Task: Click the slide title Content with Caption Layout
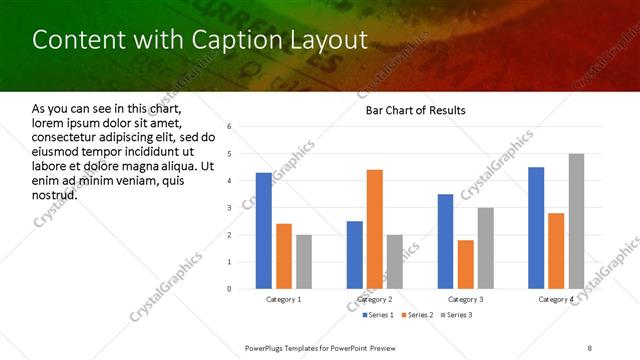tap(200, 40)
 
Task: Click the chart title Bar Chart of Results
tap(415, 110)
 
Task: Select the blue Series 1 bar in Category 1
tap(264, 231)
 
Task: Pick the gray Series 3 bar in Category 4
tap(576, 221)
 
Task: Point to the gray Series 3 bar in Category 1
tap(304, 262)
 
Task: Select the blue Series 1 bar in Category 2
tap(355, 255)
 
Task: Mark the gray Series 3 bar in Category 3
tap(485, 248)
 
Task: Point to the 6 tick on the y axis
tap(230, 127)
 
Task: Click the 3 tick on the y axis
tap(230, 208)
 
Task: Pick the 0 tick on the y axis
tap(230, 289)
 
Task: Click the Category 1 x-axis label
tap(284, 300)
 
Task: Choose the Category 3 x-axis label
tap(465, 300)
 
